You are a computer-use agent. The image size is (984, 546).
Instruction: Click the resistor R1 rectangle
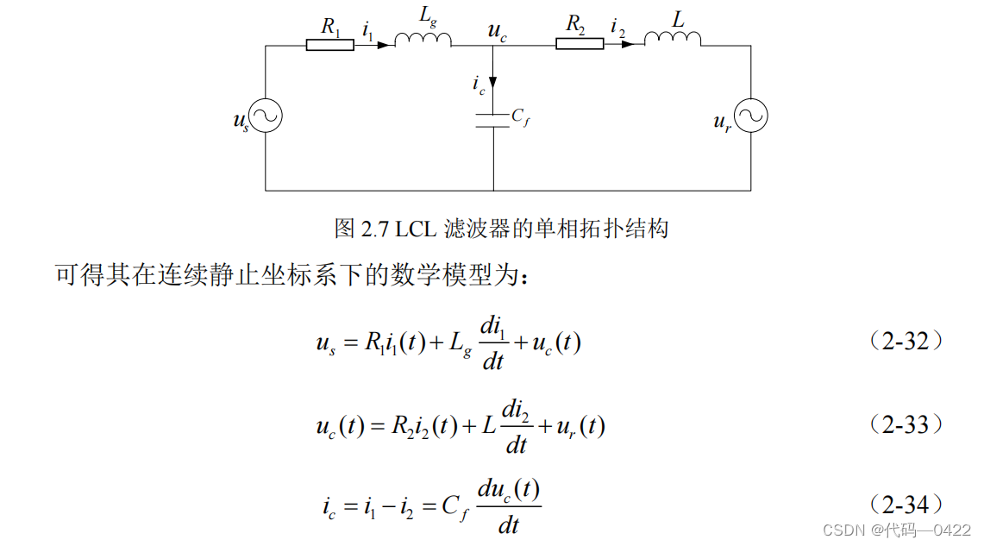(329, 45)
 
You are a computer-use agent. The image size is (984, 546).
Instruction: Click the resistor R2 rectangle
(579, 44)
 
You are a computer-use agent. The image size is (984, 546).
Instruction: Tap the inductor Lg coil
(423, 40)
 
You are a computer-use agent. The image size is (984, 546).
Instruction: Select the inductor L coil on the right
(673, 39)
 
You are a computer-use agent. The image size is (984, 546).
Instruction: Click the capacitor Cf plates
(493, 120)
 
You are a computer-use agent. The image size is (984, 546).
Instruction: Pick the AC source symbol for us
(266, 116)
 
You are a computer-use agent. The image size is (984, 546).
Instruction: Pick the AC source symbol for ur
(750, 116)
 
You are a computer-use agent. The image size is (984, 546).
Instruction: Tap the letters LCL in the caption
(416, 229)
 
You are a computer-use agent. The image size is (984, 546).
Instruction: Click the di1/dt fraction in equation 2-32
(492, 343)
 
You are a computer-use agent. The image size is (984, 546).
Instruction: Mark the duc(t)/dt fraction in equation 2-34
(508, 506)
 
